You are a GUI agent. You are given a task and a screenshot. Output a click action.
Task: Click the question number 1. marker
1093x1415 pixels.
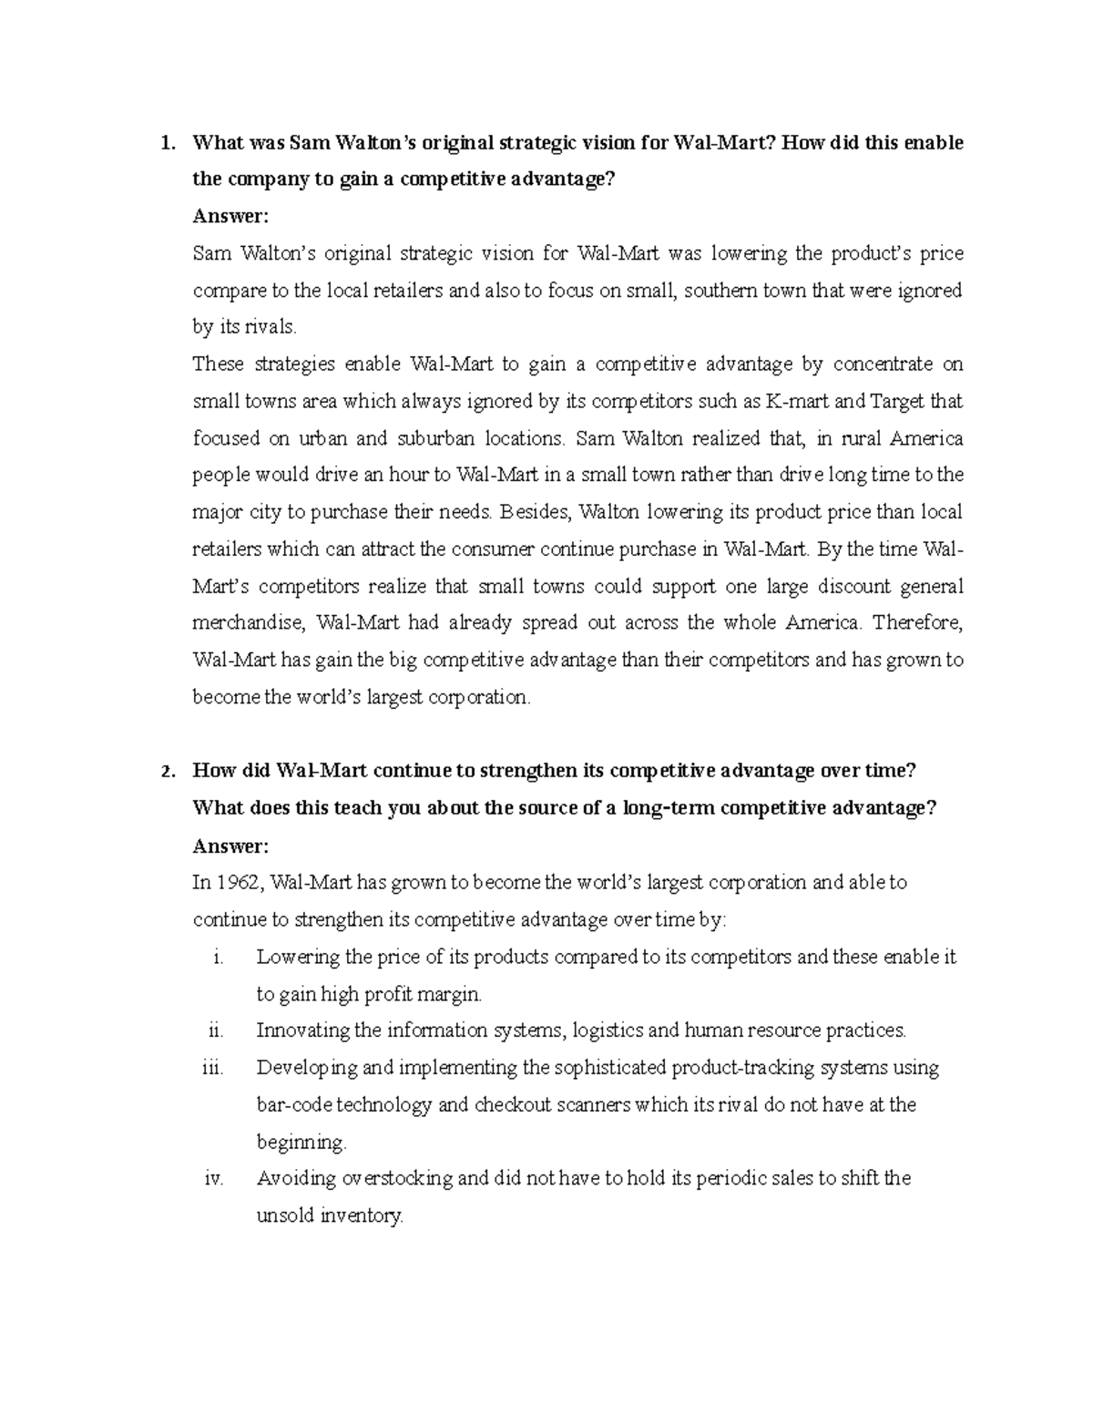[165, 143]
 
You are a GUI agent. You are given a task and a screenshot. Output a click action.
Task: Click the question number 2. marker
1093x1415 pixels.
[165, 772]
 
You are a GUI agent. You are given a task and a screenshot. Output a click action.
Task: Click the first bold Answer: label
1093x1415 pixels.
[231, 217]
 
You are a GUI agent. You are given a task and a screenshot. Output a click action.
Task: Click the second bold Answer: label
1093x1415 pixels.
[231, 846]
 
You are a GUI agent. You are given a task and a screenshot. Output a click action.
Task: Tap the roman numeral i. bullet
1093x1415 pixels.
[217, 957]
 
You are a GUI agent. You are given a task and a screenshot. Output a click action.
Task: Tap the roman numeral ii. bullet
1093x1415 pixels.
[215, 1030]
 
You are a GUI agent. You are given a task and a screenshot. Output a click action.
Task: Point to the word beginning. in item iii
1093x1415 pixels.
[301, 1143]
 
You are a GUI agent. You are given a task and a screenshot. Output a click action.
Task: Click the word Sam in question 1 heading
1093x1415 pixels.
[308, 143]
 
